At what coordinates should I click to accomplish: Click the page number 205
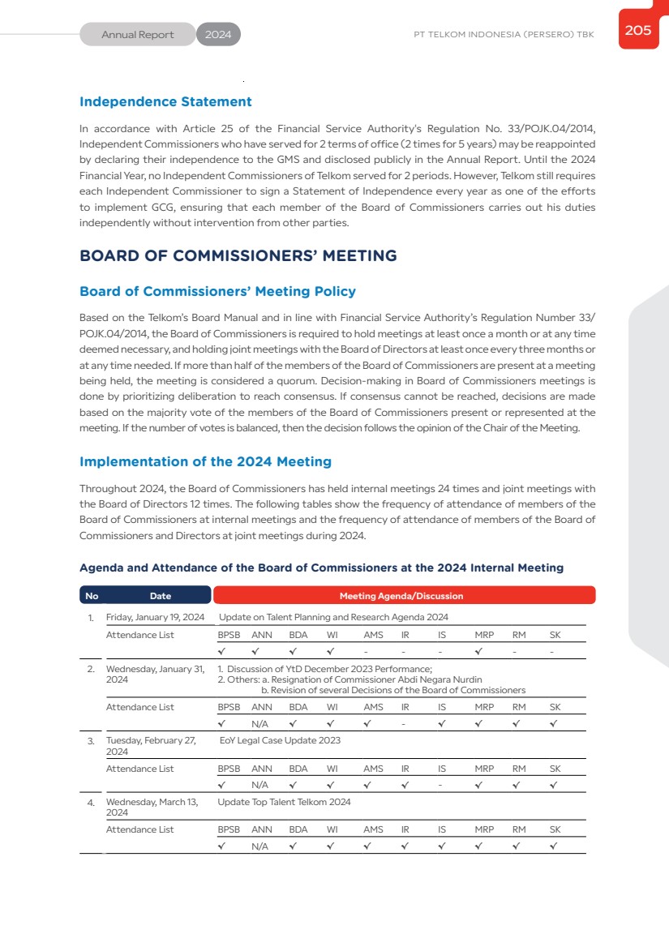tap(637, 31)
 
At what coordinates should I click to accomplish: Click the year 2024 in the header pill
tap(218, 35)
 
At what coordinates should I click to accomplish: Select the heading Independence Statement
tap(165, 102)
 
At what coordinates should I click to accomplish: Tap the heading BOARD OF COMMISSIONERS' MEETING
tap(238, 256)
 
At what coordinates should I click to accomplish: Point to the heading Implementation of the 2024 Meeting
tap(205, 461)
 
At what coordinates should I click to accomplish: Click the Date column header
tap(161, 596)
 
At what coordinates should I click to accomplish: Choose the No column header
tap(92, 596)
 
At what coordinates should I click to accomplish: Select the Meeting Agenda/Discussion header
tap(401, 596)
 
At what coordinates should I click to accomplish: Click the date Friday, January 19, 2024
tap(155, 617)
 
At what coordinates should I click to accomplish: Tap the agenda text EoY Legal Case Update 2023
tap(280, 740)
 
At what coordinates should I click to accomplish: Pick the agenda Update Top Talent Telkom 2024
tap(284, 802)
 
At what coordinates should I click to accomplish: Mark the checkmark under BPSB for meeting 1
tap(221, 651)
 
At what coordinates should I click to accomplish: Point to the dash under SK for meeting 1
tap(551, 651)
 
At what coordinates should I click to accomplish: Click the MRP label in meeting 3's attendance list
tap(484, 769)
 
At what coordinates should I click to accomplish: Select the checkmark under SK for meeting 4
tap(553, 846)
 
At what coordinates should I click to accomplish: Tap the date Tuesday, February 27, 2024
tap(152, 746)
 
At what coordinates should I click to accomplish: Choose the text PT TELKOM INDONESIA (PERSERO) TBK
tap(504, 35)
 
